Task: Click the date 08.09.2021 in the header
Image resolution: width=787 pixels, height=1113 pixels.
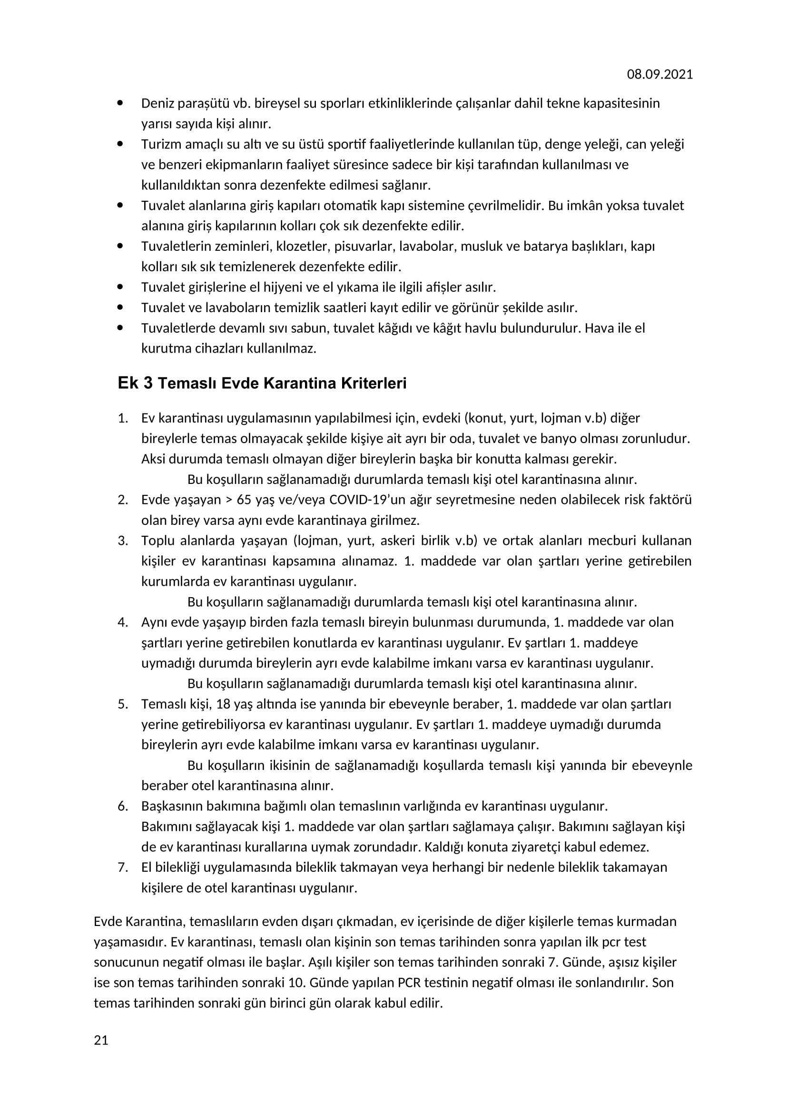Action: click(659, 74)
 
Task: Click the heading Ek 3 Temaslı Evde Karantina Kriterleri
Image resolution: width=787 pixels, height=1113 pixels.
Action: click(262, 384)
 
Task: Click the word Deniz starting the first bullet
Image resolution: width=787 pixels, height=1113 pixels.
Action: click(158, 103)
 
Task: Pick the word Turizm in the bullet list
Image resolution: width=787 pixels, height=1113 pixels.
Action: click(161, 145)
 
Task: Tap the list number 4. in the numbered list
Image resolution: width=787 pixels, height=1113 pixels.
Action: click(123, 622)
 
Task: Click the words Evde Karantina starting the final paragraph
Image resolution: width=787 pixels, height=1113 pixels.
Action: click(138, 922)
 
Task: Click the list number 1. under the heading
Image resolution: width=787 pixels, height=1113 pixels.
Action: click(123, 418)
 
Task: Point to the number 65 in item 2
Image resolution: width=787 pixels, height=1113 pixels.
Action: click(244, 500)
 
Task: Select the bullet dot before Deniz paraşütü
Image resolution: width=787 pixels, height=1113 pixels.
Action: click(120, 103)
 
